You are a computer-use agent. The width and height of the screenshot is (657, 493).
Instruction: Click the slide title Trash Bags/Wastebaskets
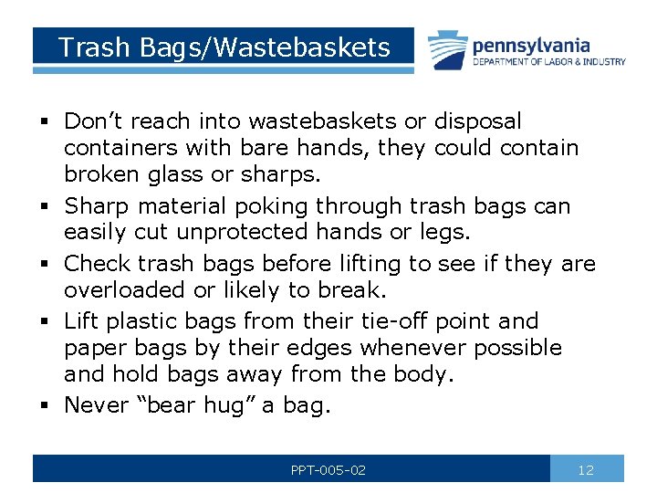pos(224,47)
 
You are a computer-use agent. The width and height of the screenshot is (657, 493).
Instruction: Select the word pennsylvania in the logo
pos(531,45)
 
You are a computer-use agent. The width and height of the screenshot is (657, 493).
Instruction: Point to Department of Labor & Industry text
pos(549,62)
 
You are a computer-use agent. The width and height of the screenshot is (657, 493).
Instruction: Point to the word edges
pos(320,348)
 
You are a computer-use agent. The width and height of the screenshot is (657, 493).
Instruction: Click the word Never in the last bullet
pos(97,404)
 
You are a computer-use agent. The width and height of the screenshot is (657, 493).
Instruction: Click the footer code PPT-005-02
pos(328,470)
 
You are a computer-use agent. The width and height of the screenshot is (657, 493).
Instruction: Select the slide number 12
pos(586,470)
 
